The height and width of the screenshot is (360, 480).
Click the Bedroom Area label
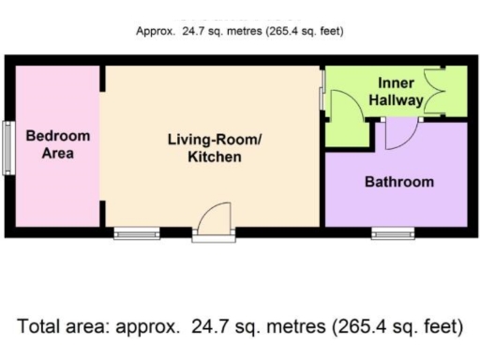coord(58,144)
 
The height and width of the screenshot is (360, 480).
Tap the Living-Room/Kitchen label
coord(214,148)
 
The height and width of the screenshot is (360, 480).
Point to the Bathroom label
coord(398,182)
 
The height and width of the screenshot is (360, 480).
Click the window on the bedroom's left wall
coord(7,147)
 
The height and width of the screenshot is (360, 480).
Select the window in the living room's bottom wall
coord(137,232)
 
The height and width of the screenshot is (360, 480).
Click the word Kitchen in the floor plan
coord(214,157)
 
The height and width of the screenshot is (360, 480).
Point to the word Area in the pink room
coord(58,154)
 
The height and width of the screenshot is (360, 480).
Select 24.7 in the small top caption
coord(197,31)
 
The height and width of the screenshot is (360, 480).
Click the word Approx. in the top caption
coord(156,31)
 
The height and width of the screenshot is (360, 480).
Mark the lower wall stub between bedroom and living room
coord(103,216)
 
